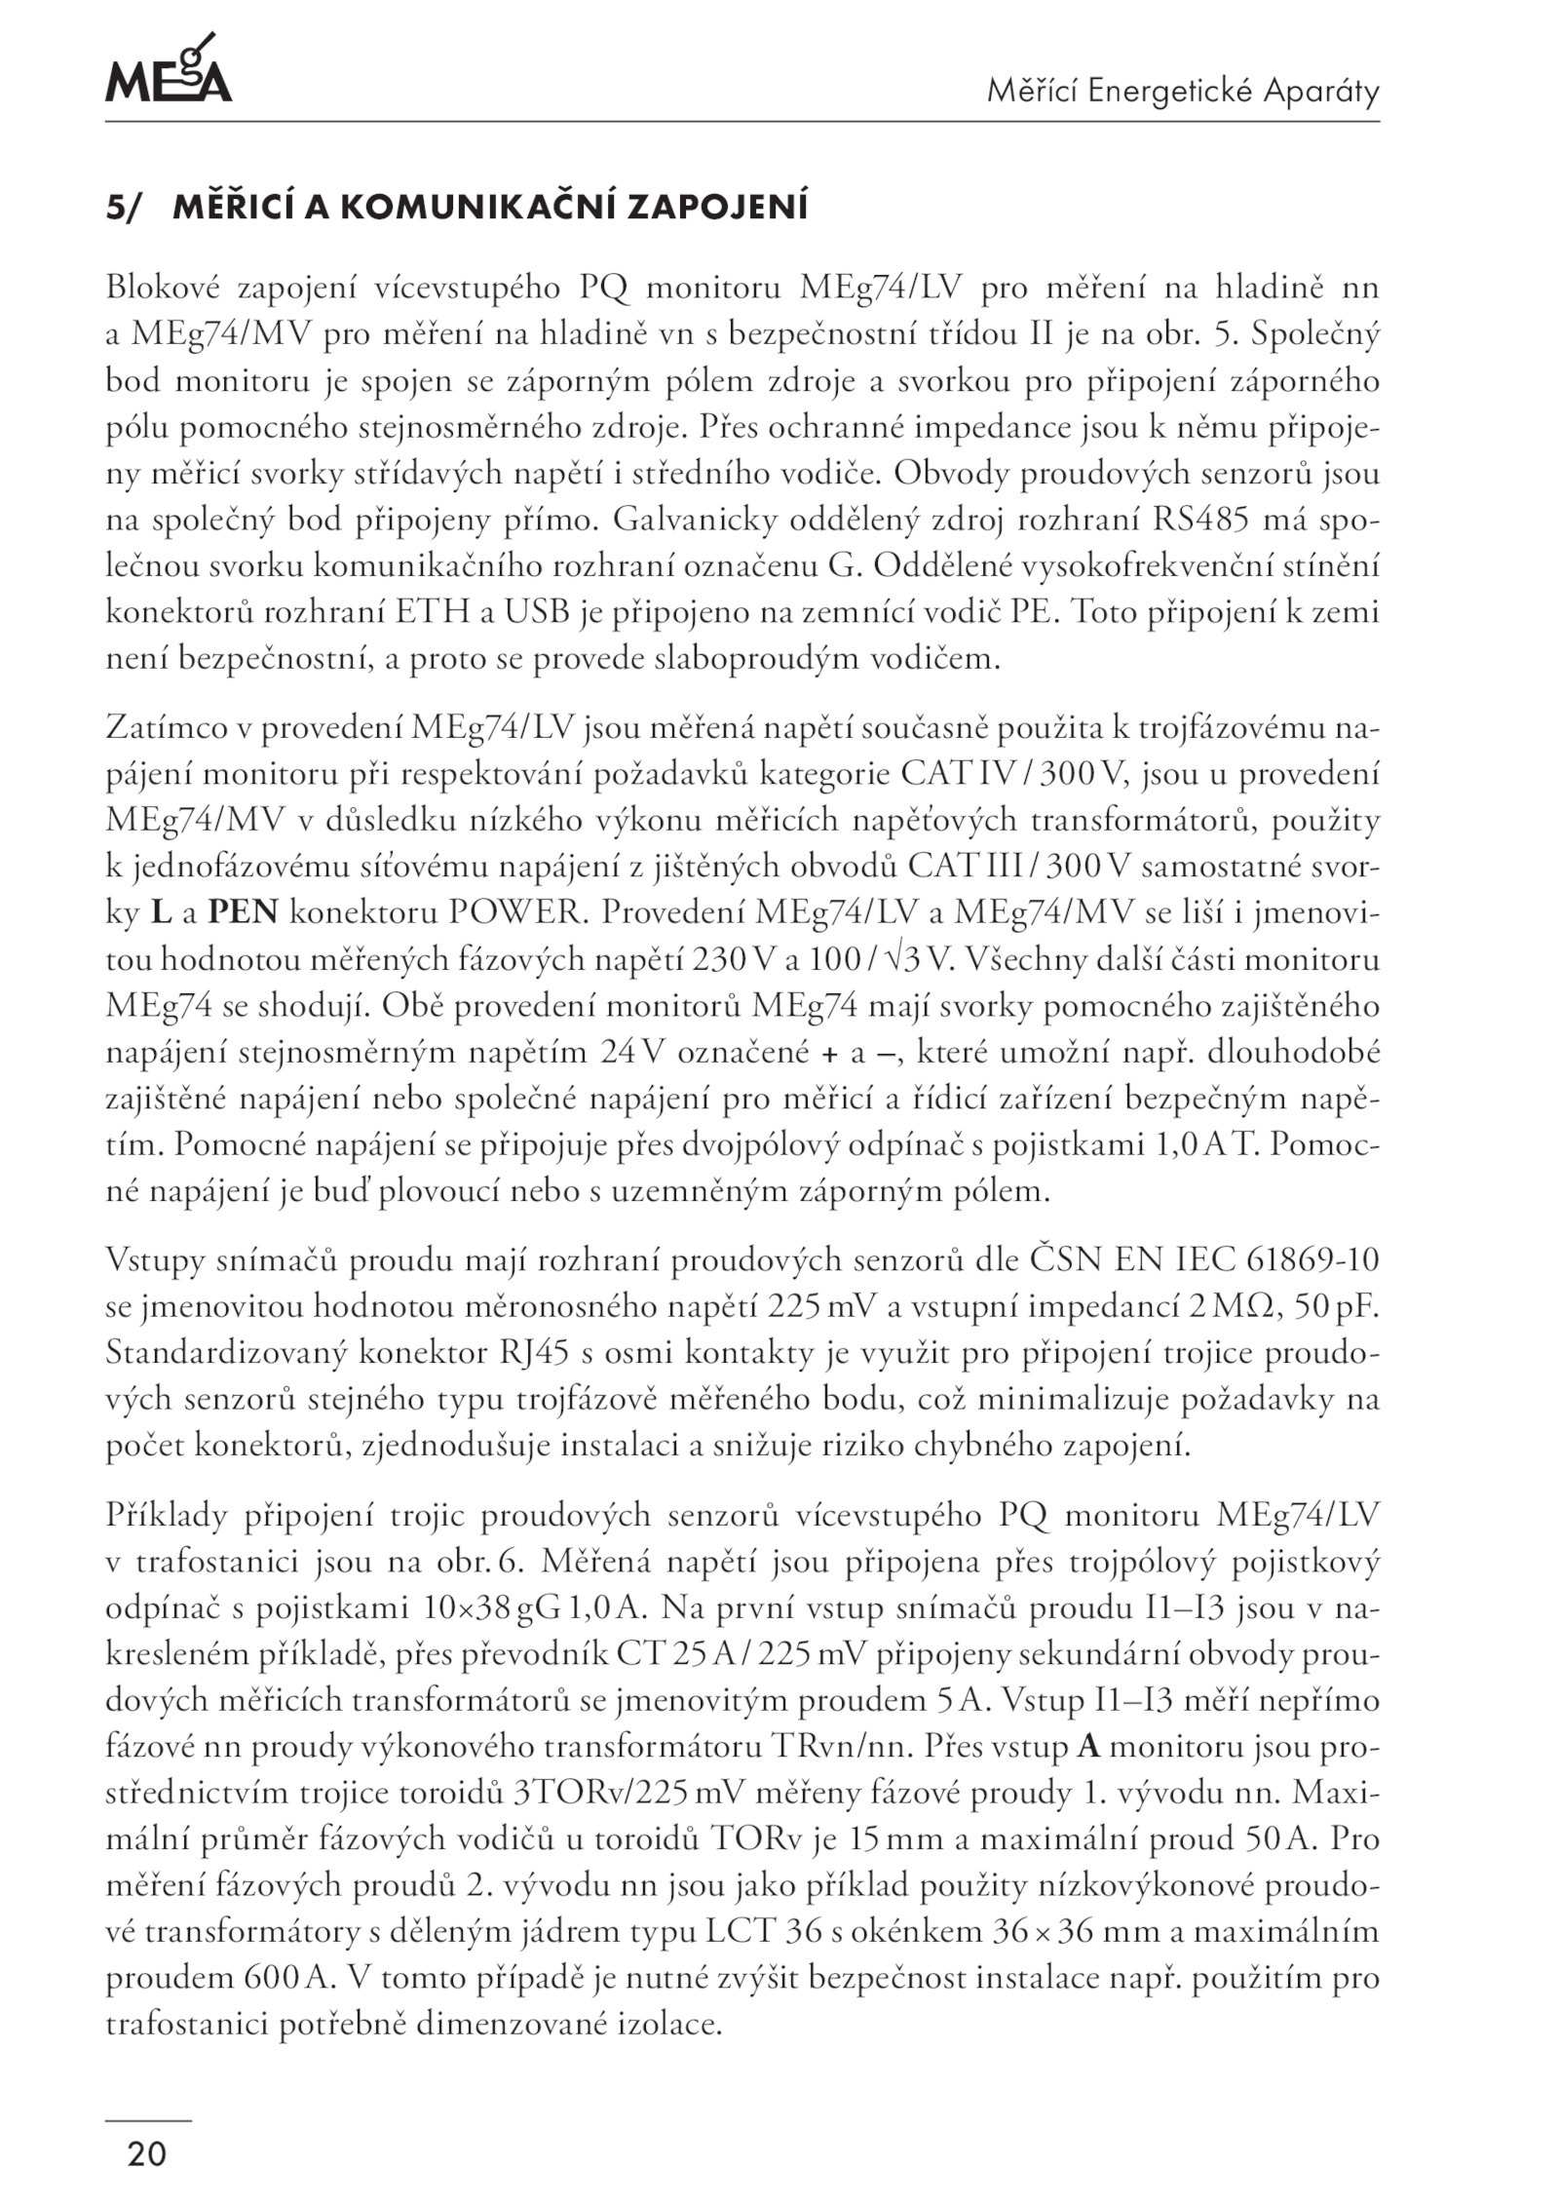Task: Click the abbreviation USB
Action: coord(526,612)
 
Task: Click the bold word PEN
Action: coord(244,912)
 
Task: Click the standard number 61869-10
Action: coord(1312,1259)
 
